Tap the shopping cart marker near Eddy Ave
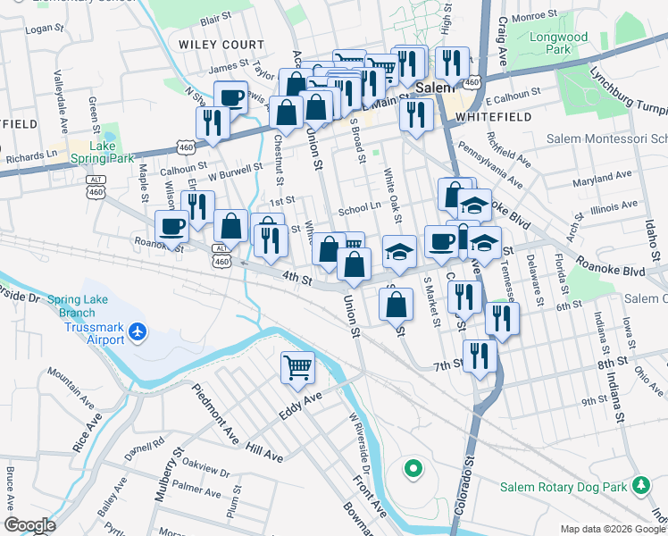[297, 366]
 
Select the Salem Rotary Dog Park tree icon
[639, 485]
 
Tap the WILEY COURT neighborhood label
[221, 45]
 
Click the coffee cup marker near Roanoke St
[171, 225]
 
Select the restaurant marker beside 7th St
[480, 356]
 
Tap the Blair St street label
[215, 18]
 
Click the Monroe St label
[535, 15]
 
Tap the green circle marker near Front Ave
[412, 467]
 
